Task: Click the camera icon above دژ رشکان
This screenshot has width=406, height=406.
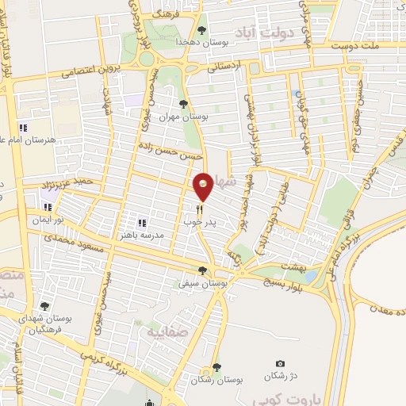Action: point(279,363)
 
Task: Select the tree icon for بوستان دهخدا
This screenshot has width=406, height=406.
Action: point(201,30)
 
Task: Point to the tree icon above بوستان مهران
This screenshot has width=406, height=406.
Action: point(184,104)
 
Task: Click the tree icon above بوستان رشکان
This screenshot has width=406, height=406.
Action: point(216,367)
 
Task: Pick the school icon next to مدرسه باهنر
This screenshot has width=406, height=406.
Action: point(144,223)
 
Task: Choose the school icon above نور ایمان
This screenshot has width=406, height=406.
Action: point(48,207)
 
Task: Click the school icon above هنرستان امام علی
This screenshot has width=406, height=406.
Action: point(23,127)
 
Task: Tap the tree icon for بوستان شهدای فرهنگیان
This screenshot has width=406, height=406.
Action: point(44,305)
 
